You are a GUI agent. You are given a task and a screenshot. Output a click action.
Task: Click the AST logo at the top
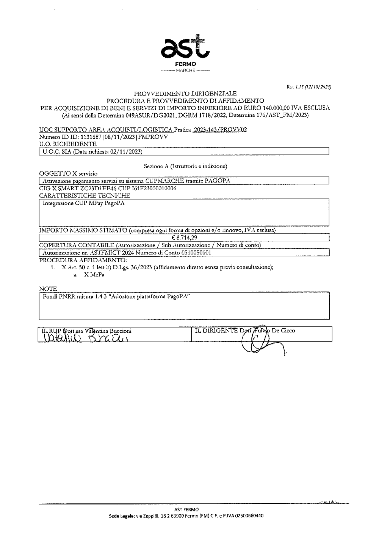point(185,48)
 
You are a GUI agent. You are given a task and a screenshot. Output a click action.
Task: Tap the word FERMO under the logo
point(185,65)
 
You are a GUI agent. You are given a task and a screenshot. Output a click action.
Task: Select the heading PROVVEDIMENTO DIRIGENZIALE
point(185,93)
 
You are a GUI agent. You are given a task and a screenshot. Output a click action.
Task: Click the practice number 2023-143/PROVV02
point(220,130)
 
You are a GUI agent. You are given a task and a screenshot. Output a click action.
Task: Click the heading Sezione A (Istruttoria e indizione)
point(185,166)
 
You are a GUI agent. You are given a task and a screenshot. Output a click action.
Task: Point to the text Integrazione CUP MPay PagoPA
point(83,203)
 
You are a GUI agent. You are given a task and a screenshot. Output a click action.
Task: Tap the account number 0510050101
point(191,252)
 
